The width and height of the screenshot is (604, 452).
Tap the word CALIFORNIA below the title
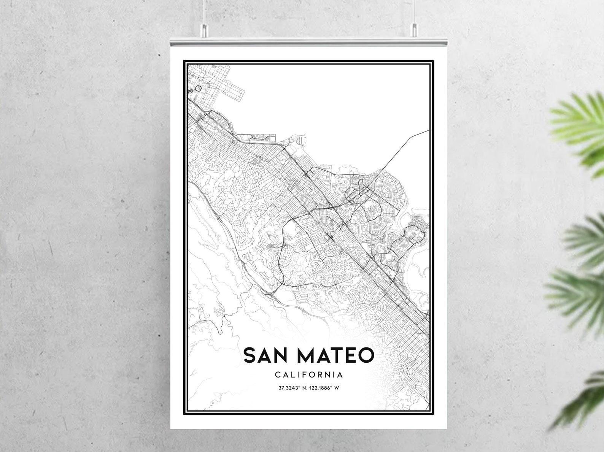(309, 375)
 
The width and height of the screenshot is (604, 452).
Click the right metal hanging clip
(414, 30)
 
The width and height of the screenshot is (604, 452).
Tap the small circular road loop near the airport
(198, 89)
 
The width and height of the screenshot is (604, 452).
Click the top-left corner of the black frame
(184, 61)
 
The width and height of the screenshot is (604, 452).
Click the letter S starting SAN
(250, 355)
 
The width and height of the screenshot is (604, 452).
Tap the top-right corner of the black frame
(434, 61)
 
